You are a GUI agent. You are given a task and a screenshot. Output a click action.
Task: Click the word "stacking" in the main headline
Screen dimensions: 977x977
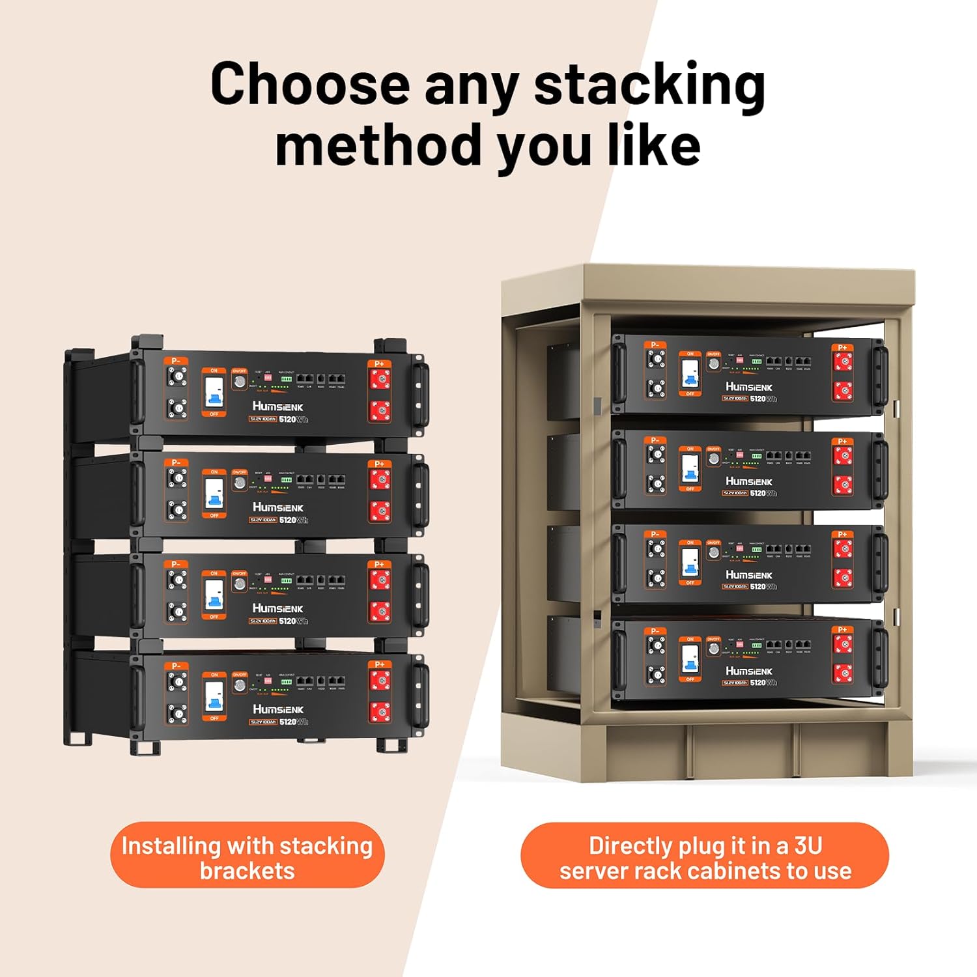click(x=649, y=86)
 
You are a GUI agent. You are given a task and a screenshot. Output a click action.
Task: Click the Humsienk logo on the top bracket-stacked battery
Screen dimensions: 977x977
click(x=277, y=406)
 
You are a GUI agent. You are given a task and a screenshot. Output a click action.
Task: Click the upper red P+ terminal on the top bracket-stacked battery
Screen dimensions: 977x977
click(x=380, y=378)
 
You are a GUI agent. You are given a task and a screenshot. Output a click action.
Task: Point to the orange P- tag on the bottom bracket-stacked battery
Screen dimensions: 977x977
click(x=176, y=665)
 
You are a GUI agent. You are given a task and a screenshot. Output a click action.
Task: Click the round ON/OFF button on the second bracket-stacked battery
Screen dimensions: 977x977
click(x=240, y=483)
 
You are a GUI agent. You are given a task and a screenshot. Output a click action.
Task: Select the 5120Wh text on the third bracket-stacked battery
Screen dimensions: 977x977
click(x=293, y=621)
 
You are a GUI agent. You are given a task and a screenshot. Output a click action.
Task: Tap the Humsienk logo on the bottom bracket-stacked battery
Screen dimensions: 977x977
click(x=277, y=709)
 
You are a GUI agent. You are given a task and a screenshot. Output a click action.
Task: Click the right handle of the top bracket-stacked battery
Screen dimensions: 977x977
click(x=420, y=384)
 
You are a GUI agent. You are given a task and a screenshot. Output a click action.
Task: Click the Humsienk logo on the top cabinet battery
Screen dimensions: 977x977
click(x=748, y=387)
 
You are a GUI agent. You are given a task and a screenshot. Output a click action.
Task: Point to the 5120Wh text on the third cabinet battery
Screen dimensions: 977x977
click(x=763, y=587)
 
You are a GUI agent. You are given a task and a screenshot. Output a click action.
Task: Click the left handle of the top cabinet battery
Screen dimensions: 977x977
click(x=619, y=374)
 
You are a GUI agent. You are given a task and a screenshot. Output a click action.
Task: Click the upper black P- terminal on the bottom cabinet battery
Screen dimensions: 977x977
click(x=656, y=644)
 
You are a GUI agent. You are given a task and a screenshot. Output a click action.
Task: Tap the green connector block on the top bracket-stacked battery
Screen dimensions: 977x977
click(x=286, y=378)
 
